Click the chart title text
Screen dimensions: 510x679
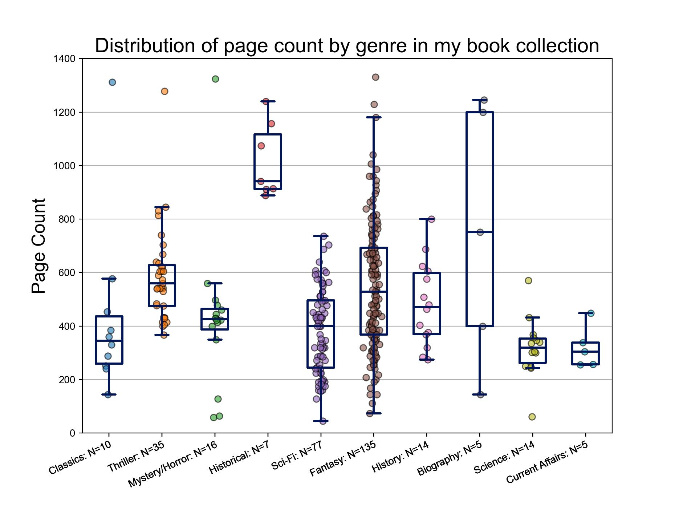point(347,46)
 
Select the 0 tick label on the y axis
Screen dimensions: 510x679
point(73,433)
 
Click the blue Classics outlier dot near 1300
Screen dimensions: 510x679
point(112,82)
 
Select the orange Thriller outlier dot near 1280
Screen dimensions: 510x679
point(164,91)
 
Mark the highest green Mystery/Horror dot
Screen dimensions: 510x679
point(215,79)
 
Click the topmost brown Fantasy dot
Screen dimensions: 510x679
point(375,77)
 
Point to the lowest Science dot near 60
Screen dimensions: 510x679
point(532,417)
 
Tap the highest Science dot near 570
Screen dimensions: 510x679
point(529,280)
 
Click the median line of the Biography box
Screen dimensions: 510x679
point(480,232)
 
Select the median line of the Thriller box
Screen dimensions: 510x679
point(162,283)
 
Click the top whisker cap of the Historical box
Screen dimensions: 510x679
point(268,101)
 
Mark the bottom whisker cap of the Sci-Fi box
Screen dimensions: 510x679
point(321,421)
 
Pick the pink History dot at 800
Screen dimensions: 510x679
point(432,219)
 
